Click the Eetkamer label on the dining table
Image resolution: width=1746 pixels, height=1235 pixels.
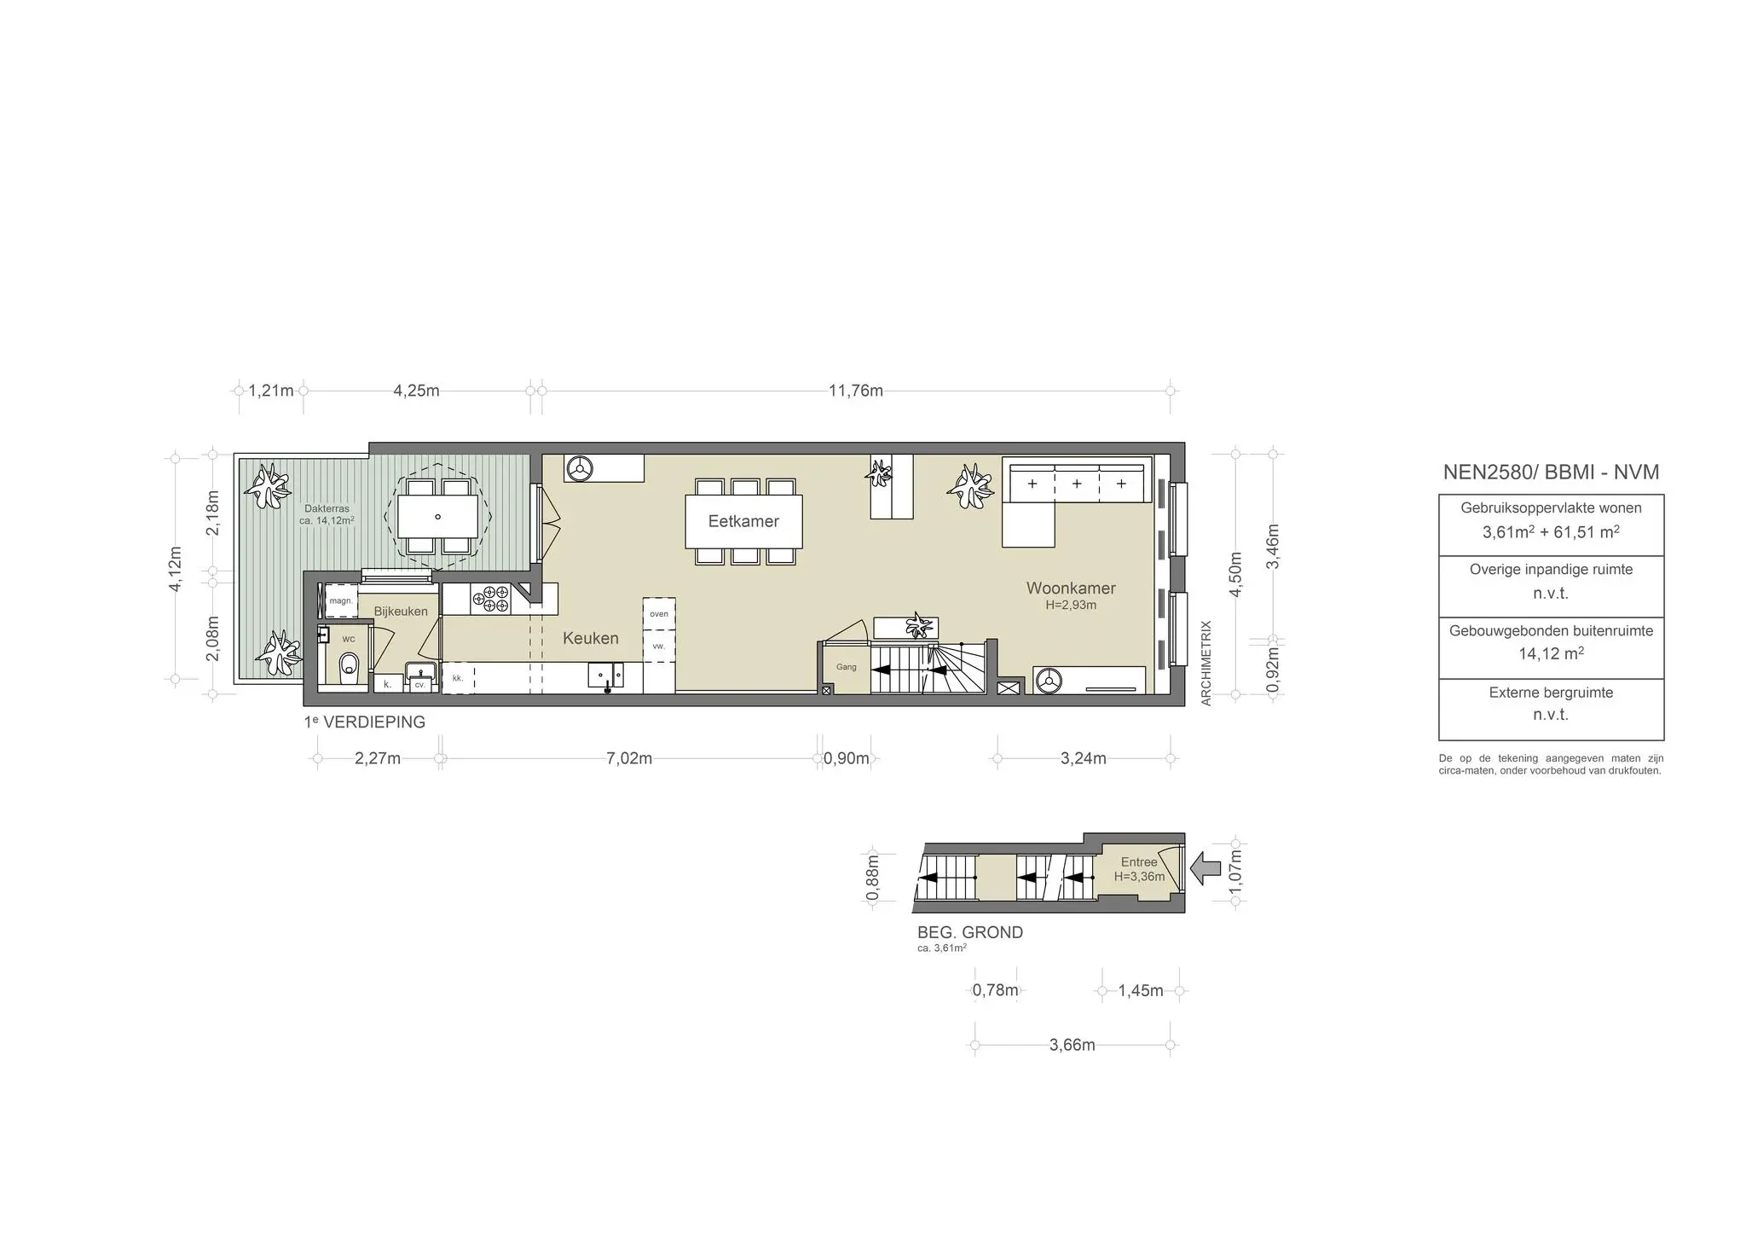[743, 521]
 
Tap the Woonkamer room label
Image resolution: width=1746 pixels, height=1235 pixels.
[1071, 589]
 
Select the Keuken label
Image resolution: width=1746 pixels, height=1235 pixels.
[590, 638]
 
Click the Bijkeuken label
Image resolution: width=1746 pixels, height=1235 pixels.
[401, 612]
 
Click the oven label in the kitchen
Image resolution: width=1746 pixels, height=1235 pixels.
[659, 614]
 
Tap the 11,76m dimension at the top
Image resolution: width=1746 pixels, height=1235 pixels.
[856, 391]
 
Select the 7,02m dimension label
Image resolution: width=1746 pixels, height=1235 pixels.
[629, 758]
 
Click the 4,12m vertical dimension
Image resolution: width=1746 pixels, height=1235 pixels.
[175, 568]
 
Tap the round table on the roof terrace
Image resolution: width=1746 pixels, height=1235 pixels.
[438, 517]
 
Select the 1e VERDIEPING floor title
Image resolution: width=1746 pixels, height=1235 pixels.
[364, 722]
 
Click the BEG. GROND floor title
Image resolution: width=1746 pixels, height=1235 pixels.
[969, 932]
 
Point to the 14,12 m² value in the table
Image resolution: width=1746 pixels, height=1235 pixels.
[1551, 654]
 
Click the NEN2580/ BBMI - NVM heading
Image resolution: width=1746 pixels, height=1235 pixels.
[1551, 472]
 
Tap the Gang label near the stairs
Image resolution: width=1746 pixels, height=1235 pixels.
[846, 667]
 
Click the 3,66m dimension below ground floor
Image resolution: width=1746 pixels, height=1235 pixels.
[1072, 1045]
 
